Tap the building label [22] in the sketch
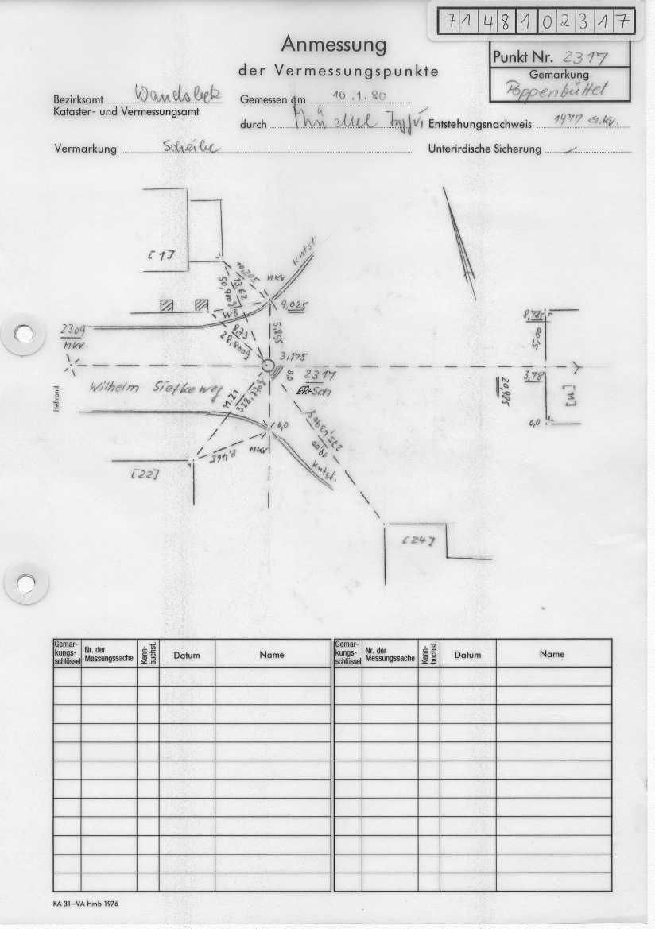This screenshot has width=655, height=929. [144, 474]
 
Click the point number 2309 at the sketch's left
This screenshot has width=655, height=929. [72, 328]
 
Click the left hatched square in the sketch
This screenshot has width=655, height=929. [167, 306]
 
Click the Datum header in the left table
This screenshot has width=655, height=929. [187, 656]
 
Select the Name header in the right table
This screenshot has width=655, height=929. [552, 654]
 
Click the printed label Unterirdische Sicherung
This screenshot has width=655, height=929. [484, 149]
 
